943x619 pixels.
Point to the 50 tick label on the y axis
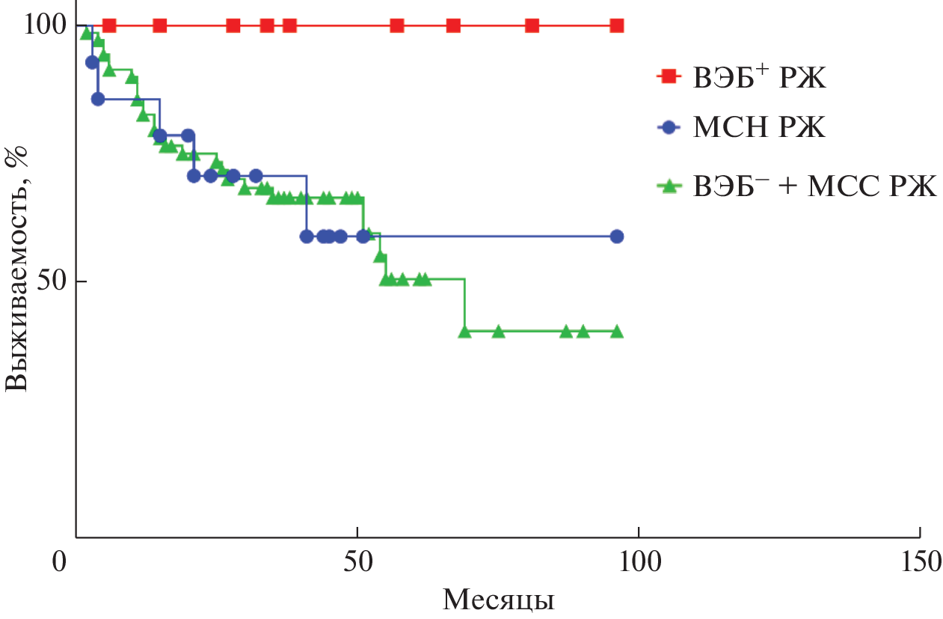(50, 281)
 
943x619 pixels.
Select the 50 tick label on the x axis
(357, 561)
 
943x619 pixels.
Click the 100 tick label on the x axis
(639, 561)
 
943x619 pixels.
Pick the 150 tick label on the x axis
(919, 561)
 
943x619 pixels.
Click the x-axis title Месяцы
(498, 600)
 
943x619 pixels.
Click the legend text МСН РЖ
(759, 128)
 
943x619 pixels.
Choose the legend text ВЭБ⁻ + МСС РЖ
(814, 186)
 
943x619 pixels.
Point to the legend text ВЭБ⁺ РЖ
(759, 76)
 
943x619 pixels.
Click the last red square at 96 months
(617, 25)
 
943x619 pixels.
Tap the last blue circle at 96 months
(617, 237)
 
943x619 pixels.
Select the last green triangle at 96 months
(617, 331)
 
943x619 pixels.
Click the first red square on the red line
(109, 25)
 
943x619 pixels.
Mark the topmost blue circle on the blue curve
(92, 62)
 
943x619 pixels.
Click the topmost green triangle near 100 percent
(86, 33)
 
